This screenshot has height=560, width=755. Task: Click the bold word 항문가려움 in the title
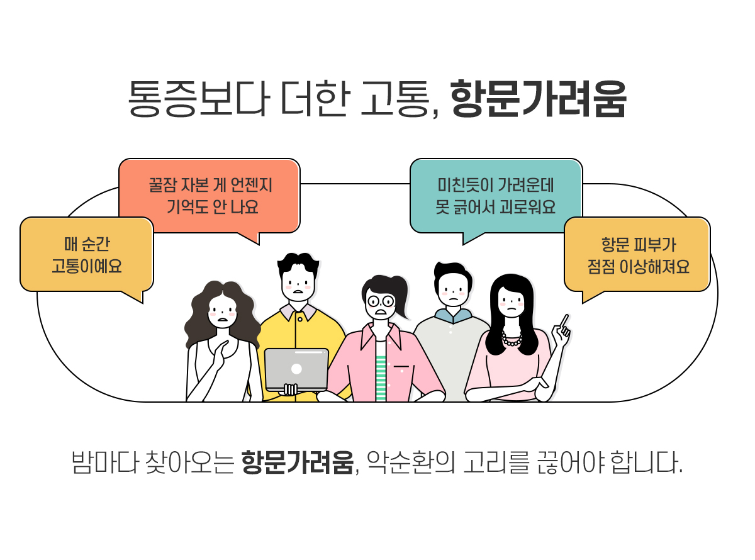tap(539, 99)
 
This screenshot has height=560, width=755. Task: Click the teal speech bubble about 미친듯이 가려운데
tap(496, 195)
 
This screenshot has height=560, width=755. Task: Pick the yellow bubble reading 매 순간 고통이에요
tap(87, 255)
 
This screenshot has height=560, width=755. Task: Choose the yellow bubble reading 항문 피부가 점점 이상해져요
tap(638, 255)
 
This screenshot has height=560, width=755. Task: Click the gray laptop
tap(296, 369)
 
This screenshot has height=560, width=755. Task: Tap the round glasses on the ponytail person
tap(381, 301)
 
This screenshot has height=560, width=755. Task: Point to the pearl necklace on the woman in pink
tap(512, 340)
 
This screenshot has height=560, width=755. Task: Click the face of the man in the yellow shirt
tap(298, 280)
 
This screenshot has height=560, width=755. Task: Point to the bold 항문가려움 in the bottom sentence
tap(298, 464)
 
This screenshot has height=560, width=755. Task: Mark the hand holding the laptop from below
tap(290, 390)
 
